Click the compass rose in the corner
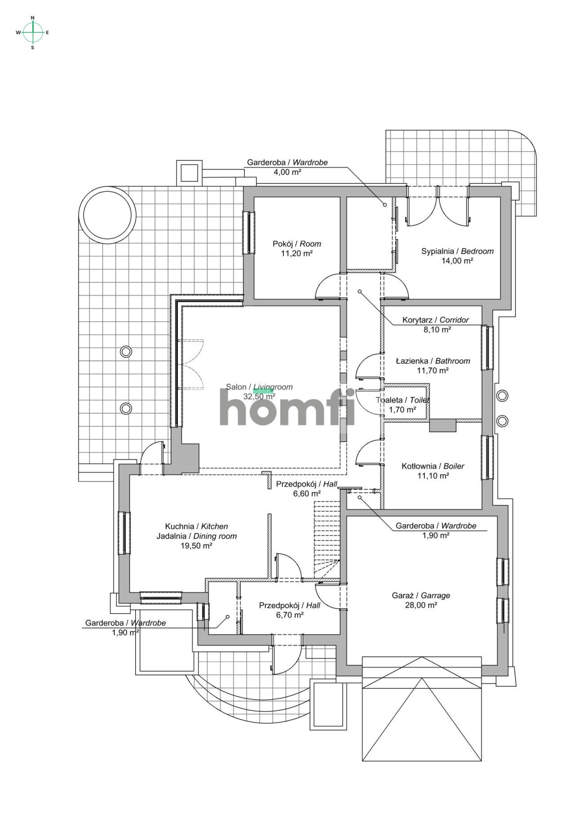point(33,32)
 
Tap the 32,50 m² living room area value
point(259,397)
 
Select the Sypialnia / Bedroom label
point(457,251)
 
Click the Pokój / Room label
point(297,244)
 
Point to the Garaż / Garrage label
point(421,596)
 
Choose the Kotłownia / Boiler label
point(433,466)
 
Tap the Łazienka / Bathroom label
point(433,361)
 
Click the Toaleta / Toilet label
point(402,400)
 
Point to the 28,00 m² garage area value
point(421,605)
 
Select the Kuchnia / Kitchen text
point(196,526)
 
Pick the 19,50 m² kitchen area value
point(196,546)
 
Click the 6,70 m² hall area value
point(289,615)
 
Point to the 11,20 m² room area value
point(296,254)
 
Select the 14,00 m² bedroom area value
point(457,261)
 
